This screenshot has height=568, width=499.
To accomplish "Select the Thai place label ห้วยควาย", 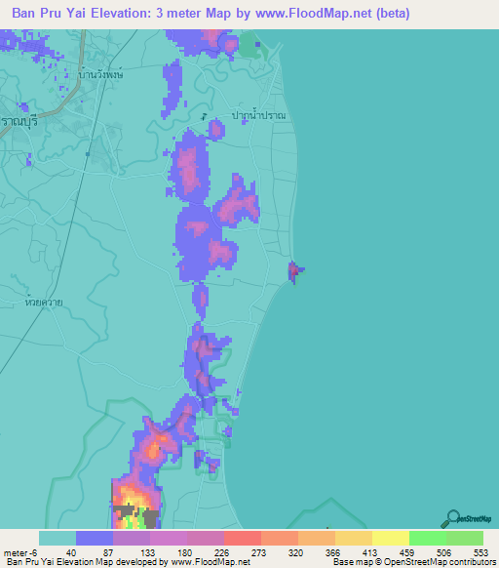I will (46, 304).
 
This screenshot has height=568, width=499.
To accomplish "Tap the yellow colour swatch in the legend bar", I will (390, 538).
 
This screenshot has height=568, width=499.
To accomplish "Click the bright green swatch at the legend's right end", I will (464, 538).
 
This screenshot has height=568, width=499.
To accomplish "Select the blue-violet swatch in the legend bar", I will (95, 538).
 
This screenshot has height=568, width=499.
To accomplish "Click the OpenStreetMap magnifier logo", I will (452, 518).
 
